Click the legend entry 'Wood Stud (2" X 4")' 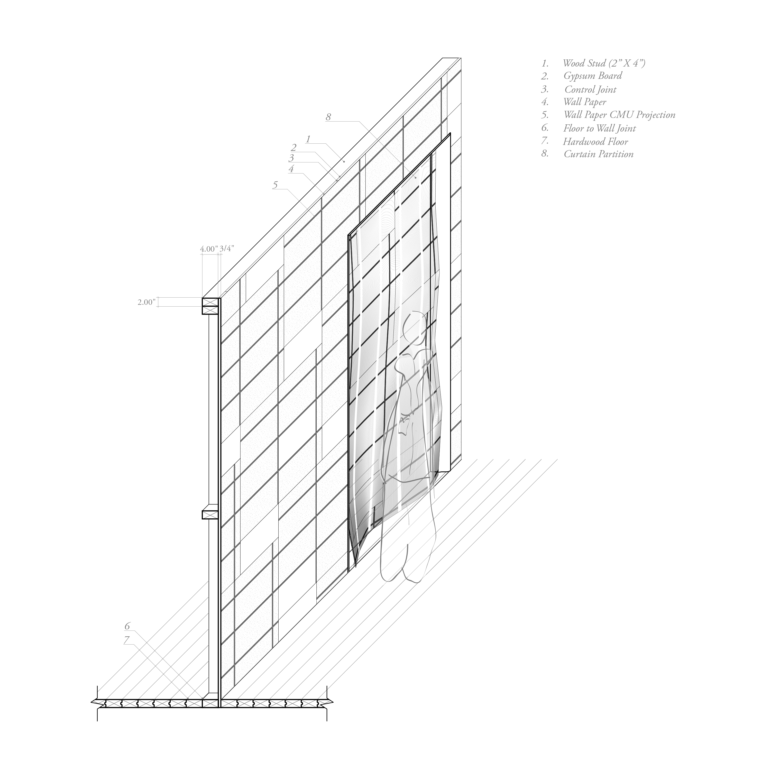(x=604, y=63)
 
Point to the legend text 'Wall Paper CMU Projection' (x=619, y=115)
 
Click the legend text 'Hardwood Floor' (x=595, y=142)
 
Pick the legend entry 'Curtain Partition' (x=598, y=154)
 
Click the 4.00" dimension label (x=209, y=249)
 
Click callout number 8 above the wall (x=328, y=117)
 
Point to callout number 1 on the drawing (x=308, y=139)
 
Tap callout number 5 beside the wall (x=275, y=185)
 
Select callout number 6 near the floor (x=127, y=626)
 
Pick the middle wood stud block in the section (x=210, y=515)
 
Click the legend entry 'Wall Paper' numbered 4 (x=585, y=102)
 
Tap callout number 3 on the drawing (x=292, y=158)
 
